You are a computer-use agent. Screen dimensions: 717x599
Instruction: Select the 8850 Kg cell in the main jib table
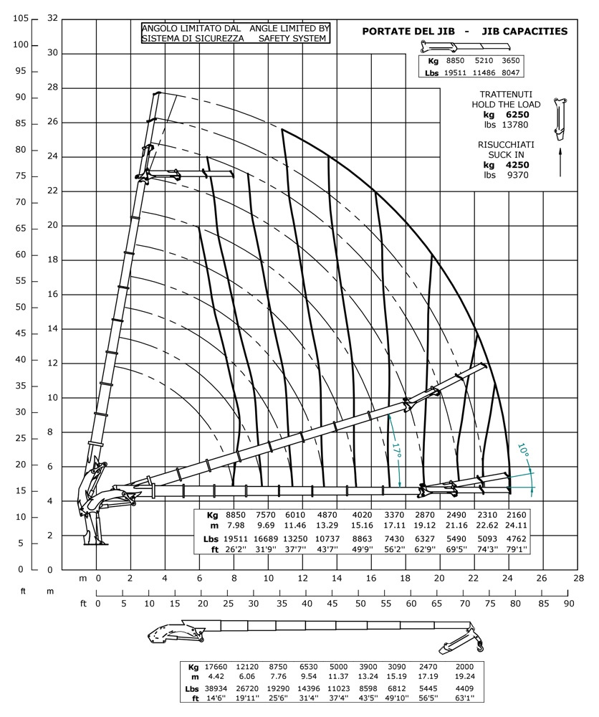(235, 516)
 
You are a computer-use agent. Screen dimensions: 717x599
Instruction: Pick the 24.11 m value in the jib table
(515, 525)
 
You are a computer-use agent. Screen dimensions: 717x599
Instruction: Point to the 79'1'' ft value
(515, 549)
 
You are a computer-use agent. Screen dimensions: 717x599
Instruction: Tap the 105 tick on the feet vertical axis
(19, 19)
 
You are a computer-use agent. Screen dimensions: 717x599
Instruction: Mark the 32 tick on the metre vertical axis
(52, 19)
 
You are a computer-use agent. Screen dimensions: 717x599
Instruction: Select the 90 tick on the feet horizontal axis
(569, 604)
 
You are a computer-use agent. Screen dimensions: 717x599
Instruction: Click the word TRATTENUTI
(506, 95)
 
